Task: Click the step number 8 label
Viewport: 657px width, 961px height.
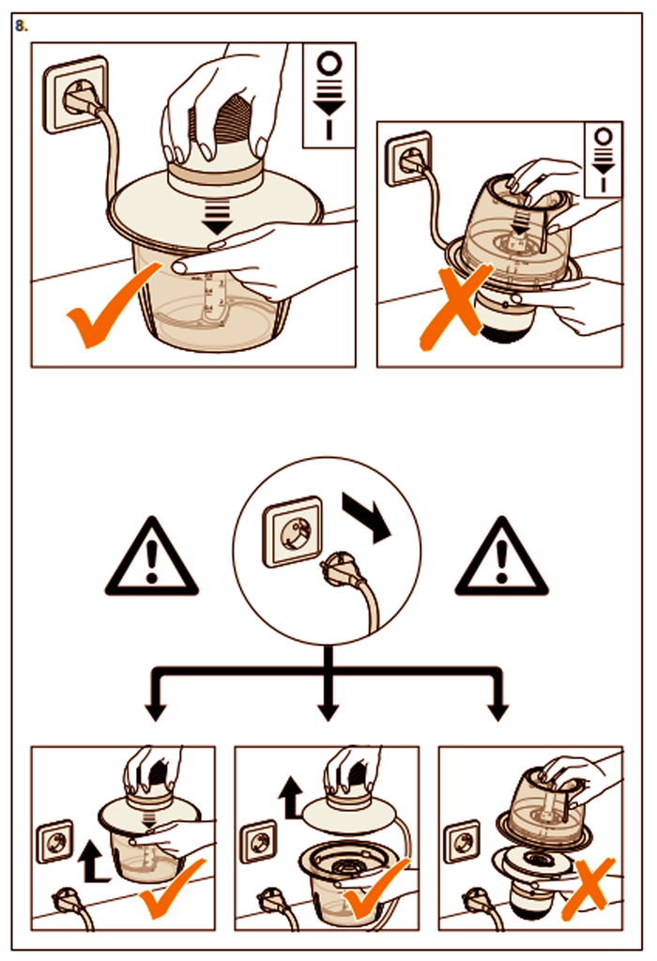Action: tap(22, 25)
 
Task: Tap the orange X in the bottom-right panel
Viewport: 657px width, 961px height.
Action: tap(588, 887)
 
